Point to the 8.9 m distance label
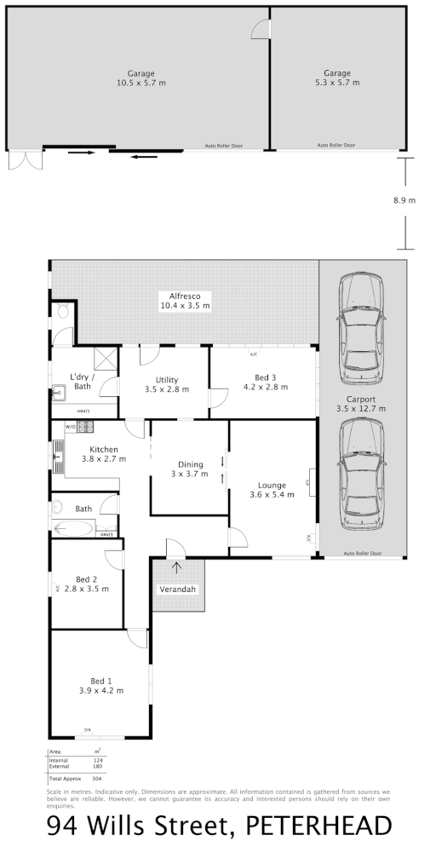(x=404, y=201)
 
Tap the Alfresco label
(x=184, y=296)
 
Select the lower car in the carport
(x=361, y=477)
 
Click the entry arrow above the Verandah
(x=177, y=567)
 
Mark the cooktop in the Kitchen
(x=84, y=425)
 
